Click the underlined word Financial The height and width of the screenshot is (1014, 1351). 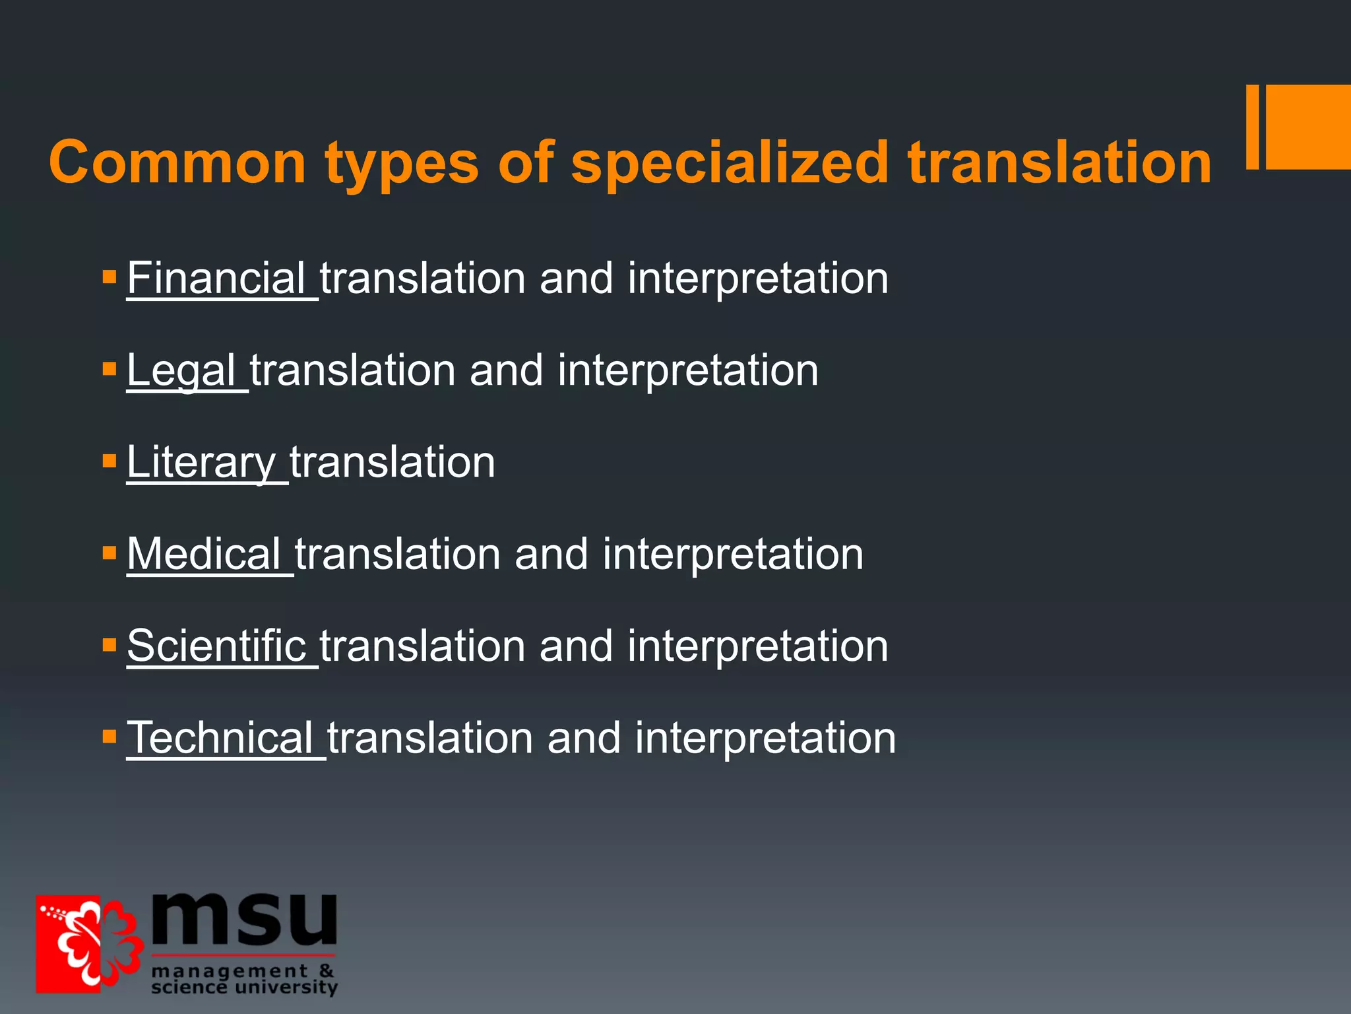tap(216, 278)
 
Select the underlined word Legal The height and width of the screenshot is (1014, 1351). tap(181, 370)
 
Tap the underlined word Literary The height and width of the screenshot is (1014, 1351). tap(201, 462)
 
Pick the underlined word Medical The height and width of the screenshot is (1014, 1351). tap(204, 554)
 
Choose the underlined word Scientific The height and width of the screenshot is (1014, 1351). tap(216, 646)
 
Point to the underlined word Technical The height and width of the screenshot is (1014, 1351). tap(220, 737)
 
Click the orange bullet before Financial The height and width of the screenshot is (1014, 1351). tap(110, 276)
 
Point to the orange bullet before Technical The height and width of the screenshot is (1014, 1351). tap(110, 735)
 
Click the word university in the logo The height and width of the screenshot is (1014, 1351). tap(286, 988)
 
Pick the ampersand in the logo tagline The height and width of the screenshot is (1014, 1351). tap(327, 971)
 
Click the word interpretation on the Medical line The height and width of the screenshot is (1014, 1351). tap(732, 554)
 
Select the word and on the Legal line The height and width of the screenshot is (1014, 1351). tap(506, 370)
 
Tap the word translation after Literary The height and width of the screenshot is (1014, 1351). tap(393, 462)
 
